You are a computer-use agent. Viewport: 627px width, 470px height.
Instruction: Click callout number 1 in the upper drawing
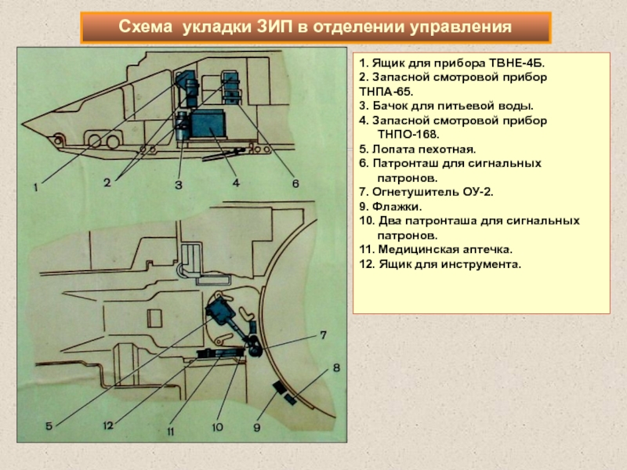click(x=36, y=186)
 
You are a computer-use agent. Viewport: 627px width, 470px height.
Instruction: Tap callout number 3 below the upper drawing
click(x=179, y=185)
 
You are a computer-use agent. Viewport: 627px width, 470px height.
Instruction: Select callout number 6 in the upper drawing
click(x=295, y=183)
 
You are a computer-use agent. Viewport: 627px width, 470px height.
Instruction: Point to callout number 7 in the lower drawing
click(x=323, y=335)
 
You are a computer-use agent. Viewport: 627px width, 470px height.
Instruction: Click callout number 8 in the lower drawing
click(x=337, y=367)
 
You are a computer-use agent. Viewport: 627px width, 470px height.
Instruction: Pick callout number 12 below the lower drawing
click(x=108, y=425)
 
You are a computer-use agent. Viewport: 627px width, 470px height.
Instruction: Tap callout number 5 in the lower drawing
click(x=49, y=426)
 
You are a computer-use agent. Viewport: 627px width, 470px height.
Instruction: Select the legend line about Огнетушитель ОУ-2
click(x=426, y=192)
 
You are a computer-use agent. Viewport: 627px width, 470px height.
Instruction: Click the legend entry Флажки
click(x=390, y=207)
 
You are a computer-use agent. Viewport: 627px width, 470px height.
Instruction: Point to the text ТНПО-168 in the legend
click(x=408, y=135)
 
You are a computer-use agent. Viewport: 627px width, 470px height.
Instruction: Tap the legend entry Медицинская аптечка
click(x=436, y=250)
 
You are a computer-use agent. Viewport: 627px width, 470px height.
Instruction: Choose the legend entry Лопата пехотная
click(x=418, y=150)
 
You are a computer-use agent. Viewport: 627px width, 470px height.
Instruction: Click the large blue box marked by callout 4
click(x=208, y=124)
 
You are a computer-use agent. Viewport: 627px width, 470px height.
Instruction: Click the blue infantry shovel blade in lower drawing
click(x=219, y=311)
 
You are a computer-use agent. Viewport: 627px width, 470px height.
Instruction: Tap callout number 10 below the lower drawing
click(x=217, y=427)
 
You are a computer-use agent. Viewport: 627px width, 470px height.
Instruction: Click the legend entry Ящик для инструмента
click(x=440, y=264)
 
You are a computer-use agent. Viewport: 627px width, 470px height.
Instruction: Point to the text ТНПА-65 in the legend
click(x=386, y=92)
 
